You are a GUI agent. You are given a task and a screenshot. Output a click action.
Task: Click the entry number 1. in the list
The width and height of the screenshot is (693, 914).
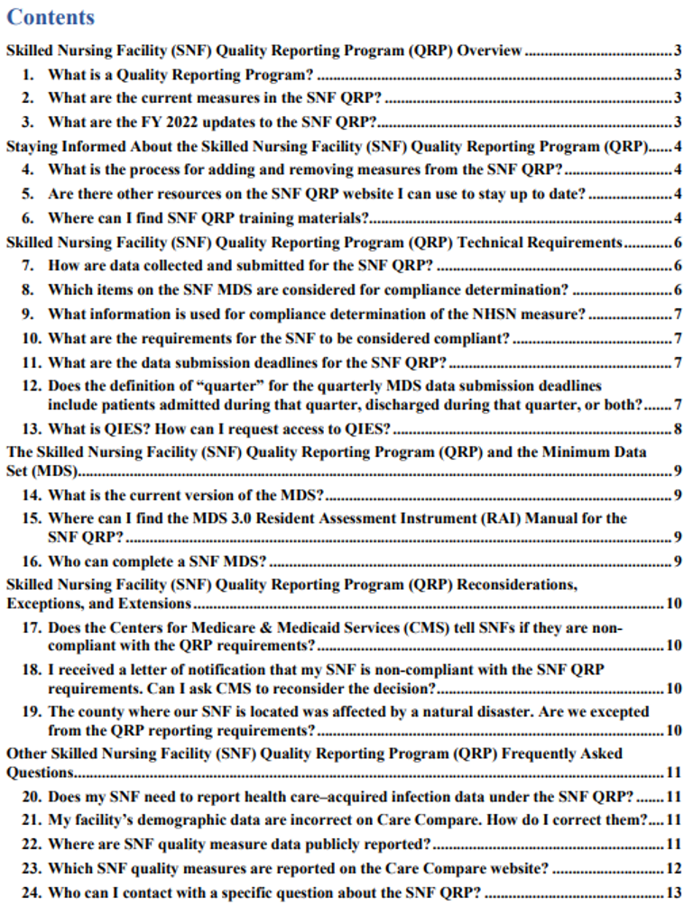point(29,74)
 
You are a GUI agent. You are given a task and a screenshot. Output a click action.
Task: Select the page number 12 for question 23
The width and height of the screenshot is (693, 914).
point(673,868)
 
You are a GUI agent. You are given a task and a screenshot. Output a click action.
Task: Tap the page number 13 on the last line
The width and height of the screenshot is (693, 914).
point(673,893)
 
